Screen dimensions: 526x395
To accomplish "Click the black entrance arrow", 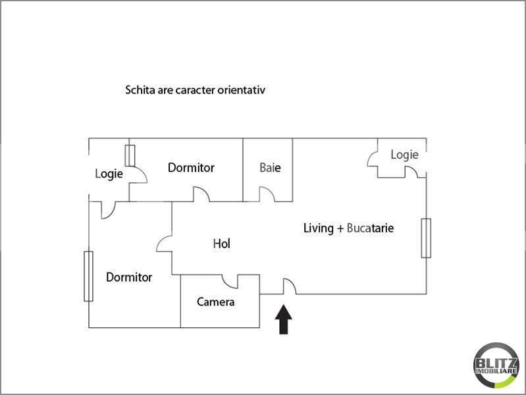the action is pos(284,319).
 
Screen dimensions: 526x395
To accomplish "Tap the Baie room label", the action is pos(270,167).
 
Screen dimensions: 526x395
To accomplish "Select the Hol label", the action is pos(221,244).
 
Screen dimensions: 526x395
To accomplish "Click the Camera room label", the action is pos(216,302).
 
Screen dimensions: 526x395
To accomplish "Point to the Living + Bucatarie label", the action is pos(348,228).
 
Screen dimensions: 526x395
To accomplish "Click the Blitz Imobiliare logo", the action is pos(496,365).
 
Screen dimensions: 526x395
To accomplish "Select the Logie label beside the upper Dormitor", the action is pos(109,174).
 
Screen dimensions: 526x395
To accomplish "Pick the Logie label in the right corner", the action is pos(405,155).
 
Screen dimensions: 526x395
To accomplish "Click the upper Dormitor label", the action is pos(191,167).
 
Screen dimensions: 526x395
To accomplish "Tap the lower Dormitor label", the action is pos(129,277).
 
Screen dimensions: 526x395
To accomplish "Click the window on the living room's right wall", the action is pos(426,238).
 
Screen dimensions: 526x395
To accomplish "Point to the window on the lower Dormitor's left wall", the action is pos(89,276).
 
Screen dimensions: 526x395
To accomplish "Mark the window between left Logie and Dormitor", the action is pos(130,155).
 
